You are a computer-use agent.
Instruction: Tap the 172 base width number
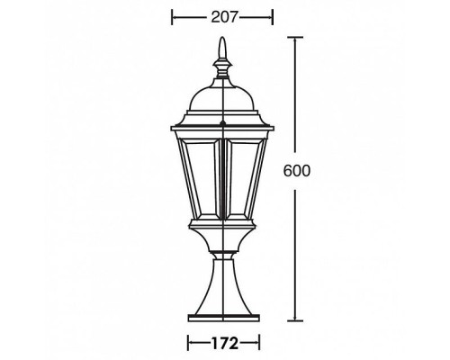pyautogui.click(x=222, y=342)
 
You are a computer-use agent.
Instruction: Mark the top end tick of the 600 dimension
pyautogui.click(x=295, y=37)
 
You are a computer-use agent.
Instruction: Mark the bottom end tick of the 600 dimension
pyautogui.click(x=295, y=320)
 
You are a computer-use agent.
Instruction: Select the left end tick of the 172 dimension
pyautogui.click(x=187, y=342)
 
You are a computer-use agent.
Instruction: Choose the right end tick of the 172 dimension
pyautogui.click(x=258, y=342)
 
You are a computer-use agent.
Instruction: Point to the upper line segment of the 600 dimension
pyautogui.click(x=295, y=99)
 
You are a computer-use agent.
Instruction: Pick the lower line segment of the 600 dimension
pyautogui.click(x=295, y=252)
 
